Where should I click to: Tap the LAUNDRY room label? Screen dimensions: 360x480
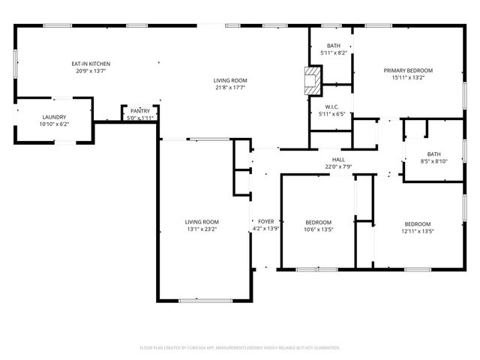[x=54, y=117]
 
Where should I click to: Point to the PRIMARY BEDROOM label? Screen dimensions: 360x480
[x=408, y=70]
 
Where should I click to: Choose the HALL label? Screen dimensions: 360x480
[x=339, y=160]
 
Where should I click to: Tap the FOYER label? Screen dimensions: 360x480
[x=266, y=222]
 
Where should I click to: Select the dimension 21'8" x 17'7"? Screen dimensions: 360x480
[x=230, y=88]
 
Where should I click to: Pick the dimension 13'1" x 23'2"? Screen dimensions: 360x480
[x=202, y=229]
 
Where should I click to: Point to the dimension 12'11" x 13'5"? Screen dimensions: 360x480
[x=418, y=231]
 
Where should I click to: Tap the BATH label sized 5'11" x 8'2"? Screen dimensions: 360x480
[x=333, y=46]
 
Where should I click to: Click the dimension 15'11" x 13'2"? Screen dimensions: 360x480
[x=408, y=78]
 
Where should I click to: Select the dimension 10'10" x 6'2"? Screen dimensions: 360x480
[x=54, y=124]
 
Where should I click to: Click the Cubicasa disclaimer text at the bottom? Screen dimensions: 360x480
[x=240, y=348]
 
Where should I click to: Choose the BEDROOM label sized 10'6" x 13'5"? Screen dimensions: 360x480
[x=318, y=223]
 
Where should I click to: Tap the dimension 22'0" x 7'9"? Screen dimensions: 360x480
[x=339, y=167]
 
